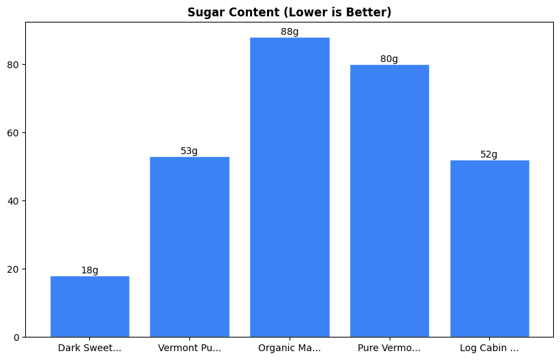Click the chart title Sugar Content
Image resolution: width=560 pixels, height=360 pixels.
289,12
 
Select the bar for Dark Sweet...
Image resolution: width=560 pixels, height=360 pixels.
89,306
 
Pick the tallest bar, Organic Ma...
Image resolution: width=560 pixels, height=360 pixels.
290,187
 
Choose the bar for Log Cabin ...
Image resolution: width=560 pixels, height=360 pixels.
489,248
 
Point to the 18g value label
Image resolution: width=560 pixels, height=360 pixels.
89,270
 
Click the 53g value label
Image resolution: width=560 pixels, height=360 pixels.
189,151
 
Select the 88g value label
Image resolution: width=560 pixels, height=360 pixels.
290,31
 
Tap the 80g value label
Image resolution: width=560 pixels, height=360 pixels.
389,59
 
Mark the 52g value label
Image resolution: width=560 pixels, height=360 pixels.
489,154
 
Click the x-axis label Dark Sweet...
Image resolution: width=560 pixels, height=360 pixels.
89,348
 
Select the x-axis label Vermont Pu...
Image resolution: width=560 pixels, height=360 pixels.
189,348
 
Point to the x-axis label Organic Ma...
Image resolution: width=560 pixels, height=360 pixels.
290,348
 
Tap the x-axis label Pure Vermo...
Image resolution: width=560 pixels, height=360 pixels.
389,348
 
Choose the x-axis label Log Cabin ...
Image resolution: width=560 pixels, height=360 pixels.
489,348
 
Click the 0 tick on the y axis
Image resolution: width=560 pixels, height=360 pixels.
16,337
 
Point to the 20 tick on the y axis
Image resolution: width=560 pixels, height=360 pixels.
14,269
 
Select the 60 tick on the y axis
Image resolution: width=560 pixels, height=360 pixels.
14,132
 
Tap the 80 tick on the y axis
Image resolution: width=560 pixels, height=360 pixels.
14,64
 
